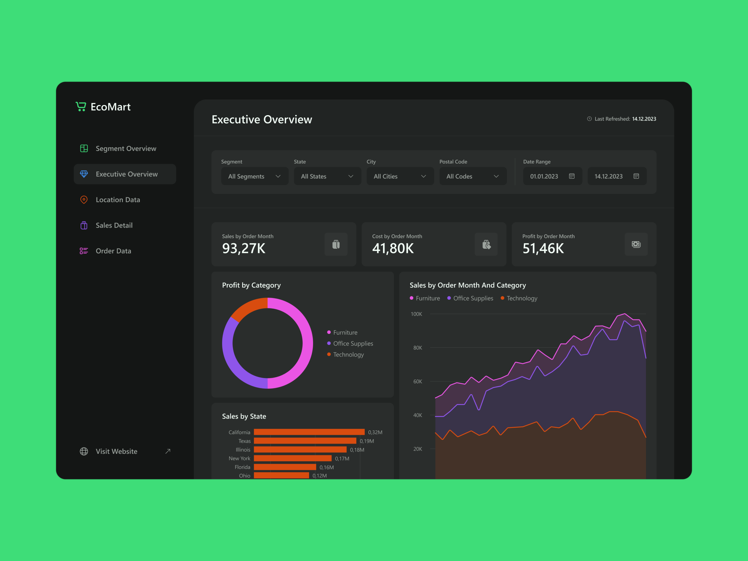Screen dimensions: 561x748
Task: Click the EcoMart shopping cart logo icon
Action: point(81,107)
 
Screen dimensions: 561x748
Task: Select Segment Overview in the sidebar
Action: point(126,149)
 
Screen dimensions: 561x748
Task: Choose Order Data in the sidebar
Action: point(113,251)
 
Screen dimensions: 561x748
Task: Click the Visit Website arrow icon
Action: point(168,451)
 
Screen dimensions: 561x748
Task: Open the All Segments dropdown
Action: point(255,176)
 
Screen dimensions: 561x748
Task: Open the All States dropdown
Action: point(327,176)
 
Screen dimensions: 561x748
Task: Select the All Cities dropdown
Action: point(400,176)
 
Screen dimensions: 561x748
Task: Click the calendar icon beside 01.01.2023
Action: point(571,176)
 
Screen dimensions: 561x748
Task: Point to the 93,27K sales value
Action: point(243,248)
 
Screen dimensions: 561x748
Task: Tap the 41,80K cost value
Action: point(393,248)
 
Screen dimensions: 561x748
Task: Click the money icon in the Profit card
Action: point(636,244)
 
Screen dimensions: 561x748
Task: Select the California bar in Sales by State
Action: point(309,432)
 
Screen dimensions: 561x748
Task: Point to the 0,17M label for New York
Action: point(342,458)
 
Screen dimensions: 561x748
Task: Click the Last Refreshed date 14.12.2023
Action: point(644,119)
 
